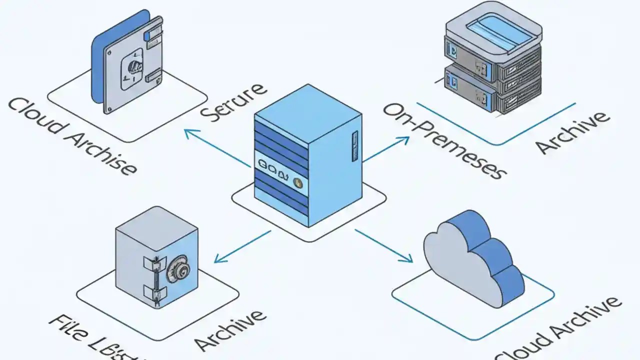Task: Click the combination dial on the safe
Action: click(179, 271)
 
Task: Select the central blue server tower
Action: click(308, 155)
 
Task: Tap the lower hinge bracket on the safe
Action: click(151, 291)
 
